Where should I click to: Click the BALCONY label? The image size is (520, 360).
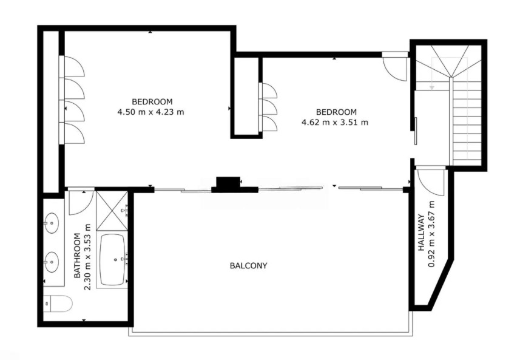pyautogui.click(x=248, y=265)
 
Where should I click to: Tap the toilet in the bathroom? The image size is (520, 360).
pyautogui.click(x=58, y=303)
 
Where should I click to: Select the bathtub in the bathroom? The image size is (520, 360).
pyautogui.click(x=112, y=260)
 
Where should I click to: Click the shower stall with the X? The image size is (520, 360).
pyautogui.click(x=112, y=211)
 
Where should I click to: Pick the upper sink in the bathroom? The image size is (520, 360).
pyautogui.click(x=52, y=223)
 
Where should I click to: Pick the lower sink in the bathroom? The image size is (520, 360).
pyautogui.click(x=52, y=262)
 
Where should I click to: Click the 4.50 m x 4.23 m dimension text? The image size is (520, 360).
pyautogui.click(x=150, y=112)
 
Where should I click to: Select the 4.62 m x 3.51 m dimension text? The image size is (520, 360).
pyautogui.click(x=334, y=123)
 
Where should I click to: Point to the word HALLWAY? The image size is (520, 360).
pyautogui.click(x=421, y=233)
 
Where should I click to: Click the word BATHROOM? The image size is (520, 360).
pyautogui.click(x=77, y=256)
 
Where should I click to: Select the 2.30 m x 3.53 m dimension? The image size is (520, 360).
pyautogui.click(x=87, y=257)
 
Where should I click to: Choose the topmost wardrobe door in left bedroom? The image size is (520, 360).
pyautogui.click(x=73, y=67)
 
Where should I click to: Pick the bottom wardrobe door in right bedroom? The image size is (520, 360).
pyautogui.click(x=269, y=123)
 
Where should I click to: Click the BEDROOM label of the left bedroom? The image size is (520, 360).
pyautogui.click(x=152, y=101)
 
